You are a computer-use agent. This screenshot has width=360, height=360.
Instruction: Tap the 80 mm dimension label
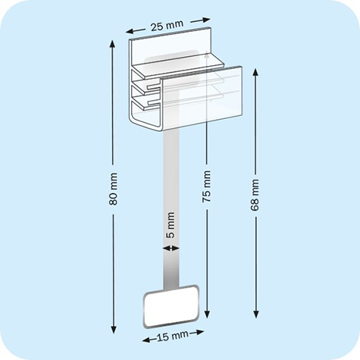pyautogui.click(x=114, y=193)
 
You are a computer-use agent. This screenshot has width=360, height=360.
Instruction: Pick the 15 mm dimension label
pyautogui.click(x=172, y=335)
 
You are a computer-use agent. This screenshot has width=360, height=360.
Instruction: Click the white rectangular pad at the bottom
pyautogui.click(x=171, y=305)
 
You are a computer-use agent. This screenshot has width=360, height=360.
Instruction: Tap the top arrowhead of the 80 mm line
pyautogui.click(x=114, y=44)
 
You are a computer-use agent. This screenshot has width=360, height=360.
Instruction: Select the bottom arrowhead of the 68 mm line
pyautogui.click(x=255, y=313)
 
